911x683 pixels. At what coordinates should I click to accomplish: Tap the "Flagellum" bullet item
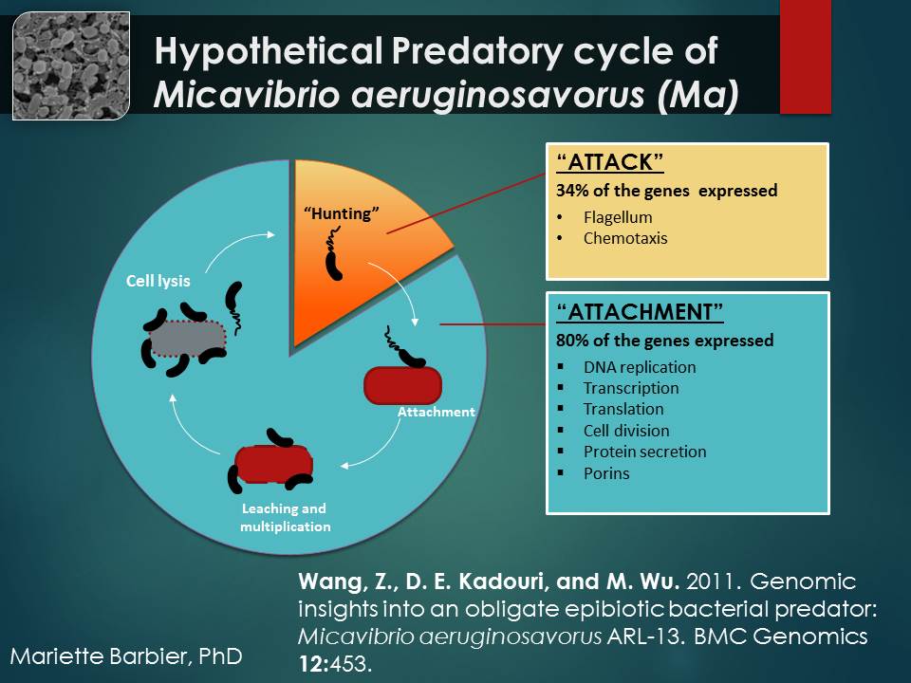(x=618, y=217)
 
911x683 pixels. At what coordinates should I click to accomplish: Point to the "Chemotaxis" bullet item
(x=625, y=238)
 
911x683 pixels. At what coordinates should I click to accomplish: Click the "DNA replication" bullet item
(x=640, y=367)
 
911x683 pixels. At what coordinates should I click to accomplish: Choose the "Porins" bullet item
(x=606, y=472)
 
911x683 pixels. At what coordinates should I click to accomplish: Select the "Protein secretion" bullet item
(x=644, y=452)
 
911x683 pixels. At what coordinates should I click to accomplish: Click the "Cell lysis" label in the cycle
(x=158, y=282)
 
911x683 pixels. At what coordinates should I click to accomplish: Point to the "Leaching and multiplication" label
(x=285, y=517)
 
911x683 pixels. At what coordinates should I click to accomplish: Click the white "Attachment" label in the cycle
(x=436, y=412)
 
